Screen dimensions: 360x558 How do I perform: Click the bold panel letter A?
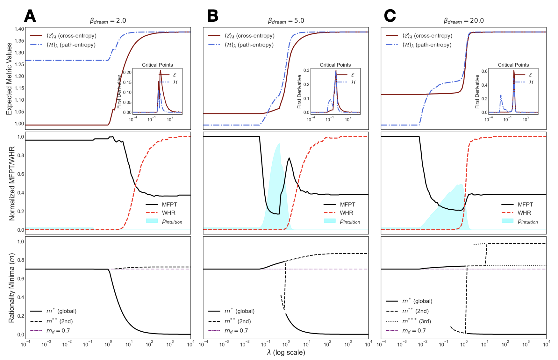tap(30, 16)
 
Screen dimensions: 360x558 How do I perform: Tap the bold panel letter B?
tap(213, 16)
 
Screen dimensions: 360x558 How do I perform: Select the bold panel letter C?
tap(390, 16)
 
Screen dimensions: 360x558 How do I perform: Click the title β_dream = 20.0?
tap(463, 21)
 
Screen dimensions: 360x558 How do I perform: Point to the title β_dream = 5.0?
tap(286, 21)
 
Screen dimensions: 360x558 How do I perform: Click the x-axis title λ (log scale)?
tap(286, 352)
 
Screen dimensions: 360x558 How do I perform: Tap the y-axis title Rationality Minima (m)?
tap(11, 288)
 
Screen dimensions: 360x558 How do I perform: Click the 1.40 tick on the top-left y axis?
tap(19, 29)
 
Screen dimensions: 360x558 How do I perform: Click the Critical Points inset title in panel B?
tap(335, 65)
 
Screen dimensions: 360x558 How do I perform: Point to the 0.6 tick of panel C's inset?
tap(484, 71)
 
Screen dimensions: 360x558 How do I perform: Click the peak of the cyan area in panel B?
tap(279, 143)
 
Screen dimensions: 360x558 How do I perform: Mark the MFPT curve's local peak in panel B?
tap(289, 158)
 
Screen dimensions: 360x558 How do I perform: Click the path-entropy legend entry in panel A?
tap(71, 45)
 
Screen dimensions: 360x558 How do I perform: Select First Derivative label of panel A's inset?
tap(119, 92)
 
